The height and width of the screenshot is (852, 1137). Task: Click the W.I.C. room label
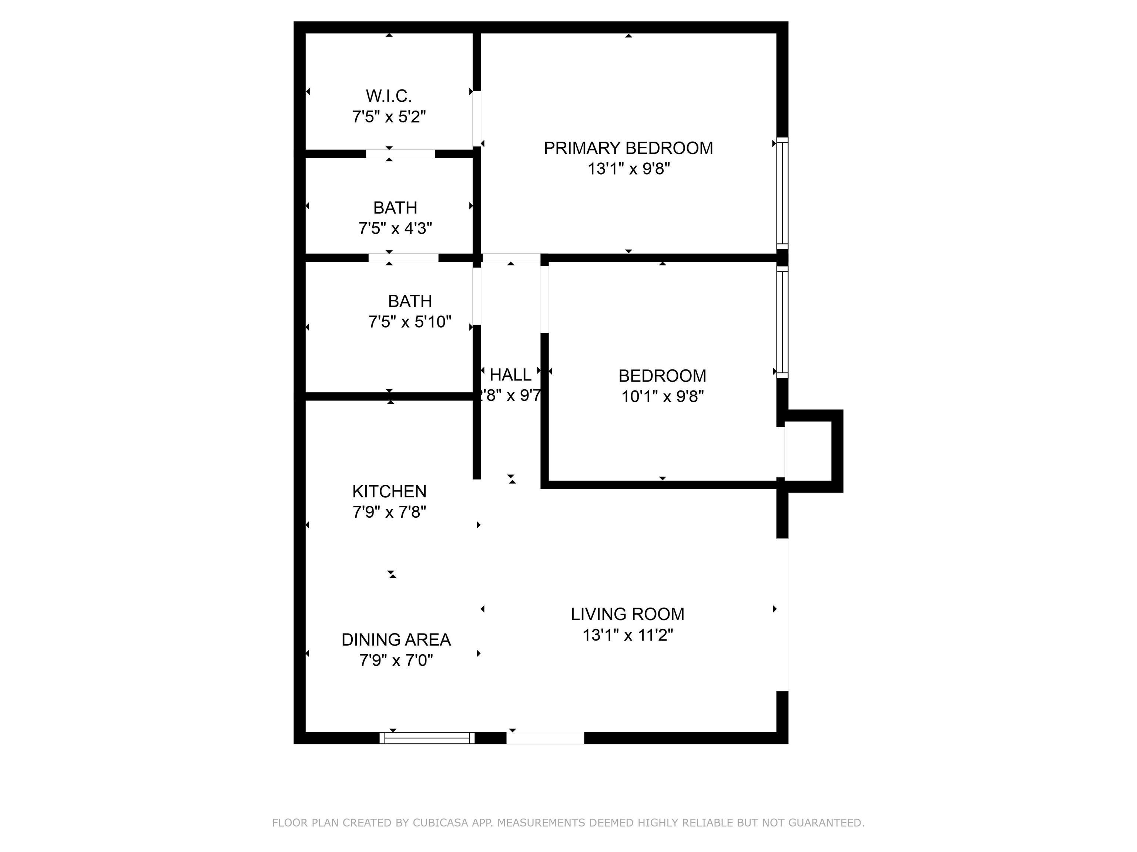[389, 96]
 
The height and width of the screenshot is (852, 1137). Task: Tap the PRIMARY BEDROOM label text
[628, 148]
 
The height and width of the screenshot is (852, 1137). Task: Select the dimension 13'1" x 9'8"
[628, 169]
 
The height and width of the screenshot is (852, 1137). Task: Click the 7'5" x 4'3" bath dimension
[395, 229]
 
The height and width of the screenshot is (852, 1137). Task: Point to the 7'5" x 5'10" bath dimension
[410, 322]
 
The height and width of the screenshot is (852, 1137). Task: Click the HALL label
[510, 375]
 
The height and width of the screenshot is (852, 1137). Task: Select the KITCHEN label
[389, 491]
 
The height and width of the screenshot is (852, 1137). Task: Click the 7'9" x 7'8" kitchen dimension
[389, 512]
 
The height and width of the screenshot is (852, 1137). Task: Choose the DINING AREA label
[396, 639]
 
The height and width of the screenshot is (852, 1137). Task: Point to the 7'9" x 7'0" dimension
[396, 660]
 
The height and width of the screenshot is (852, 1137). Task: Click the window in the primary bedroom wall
[782, 193]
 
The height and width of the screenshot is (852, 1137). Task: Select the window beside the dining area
[427, 738]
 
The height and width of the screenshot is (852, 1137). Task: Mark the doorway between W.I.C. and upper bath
[400, 153]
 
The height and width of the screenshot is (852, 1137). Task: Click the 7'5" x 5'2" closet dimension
[389, 117]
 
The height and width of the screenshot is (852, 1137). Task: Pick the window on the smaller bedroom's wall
[782, 321]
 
